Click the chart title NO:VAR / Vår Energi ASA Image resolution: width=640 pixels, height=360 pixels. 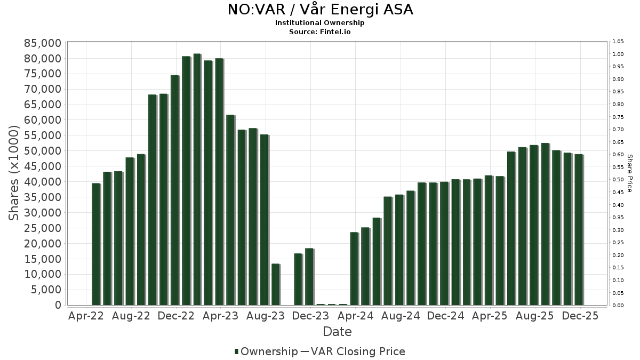point(320,10)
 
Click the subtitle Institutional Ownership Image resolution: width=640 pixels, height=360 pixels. point(320,23)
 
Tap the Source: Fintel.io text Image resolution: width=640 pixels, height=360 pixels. point(320,31)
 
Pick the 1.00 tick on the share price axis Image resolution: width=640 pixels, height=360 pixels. point(618,54)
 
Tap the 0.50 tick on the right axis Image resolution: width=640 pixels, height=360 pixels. point(618,180)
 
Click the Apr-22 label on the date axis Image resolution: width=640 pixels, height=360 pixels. point(86,316)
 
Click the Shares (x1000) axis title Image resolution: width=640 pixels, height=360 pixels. point(15,173)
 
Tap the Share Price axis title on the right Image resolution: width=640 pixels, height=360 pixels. point(629,173)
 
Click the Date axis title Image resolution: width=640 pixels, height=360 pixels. point(337,332)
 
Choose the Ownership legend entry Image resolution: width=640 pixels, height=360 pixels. point(266,351)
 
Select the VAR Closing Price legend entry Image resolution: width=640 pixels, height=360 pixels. point(357,351)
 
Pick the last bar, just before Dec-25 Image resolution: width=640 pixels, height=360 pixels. point(579,230)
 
